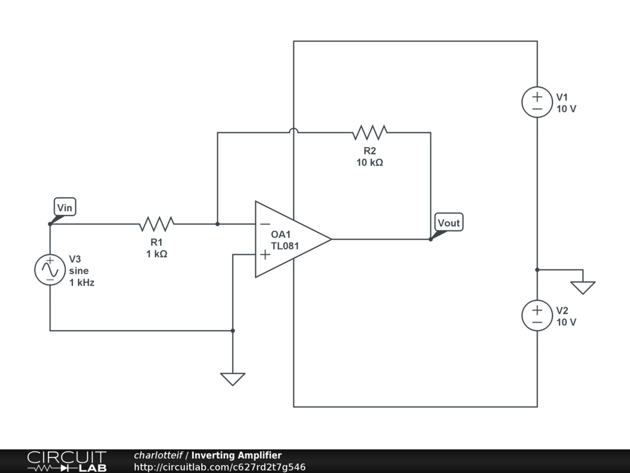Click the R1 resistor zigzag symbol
(x=157, y=224)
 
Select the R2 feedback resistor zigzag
(x=370, y=132)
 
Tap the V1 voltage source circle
(x=537, y=102)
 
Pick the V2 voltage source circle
(x=537, y=315)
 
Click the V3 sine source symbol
(x=50, y=270)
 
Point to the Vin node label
(x=65, y=208)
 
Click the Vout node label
(x=449, y=223)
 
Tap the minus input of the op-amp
(x=265, y=224)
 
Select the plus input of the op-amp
(x=265, y=254)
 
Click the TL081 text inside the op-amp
(x=285, y=246)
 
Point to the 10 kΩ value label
(x=370, y=163)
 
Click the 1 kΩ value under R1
(x=157, y=254)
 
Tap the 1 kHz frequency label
(x=82, y=283)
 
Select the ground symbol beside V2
(x=583, y=288)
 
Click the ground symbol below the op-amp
(x=233, y=379)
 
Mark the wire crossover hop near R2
(x=293, y=131)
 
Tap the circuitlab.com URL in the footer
(x=220, y=467)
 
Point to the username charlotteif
(x=158, y=455)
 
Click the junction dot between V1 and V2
(x=537, y=270)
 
